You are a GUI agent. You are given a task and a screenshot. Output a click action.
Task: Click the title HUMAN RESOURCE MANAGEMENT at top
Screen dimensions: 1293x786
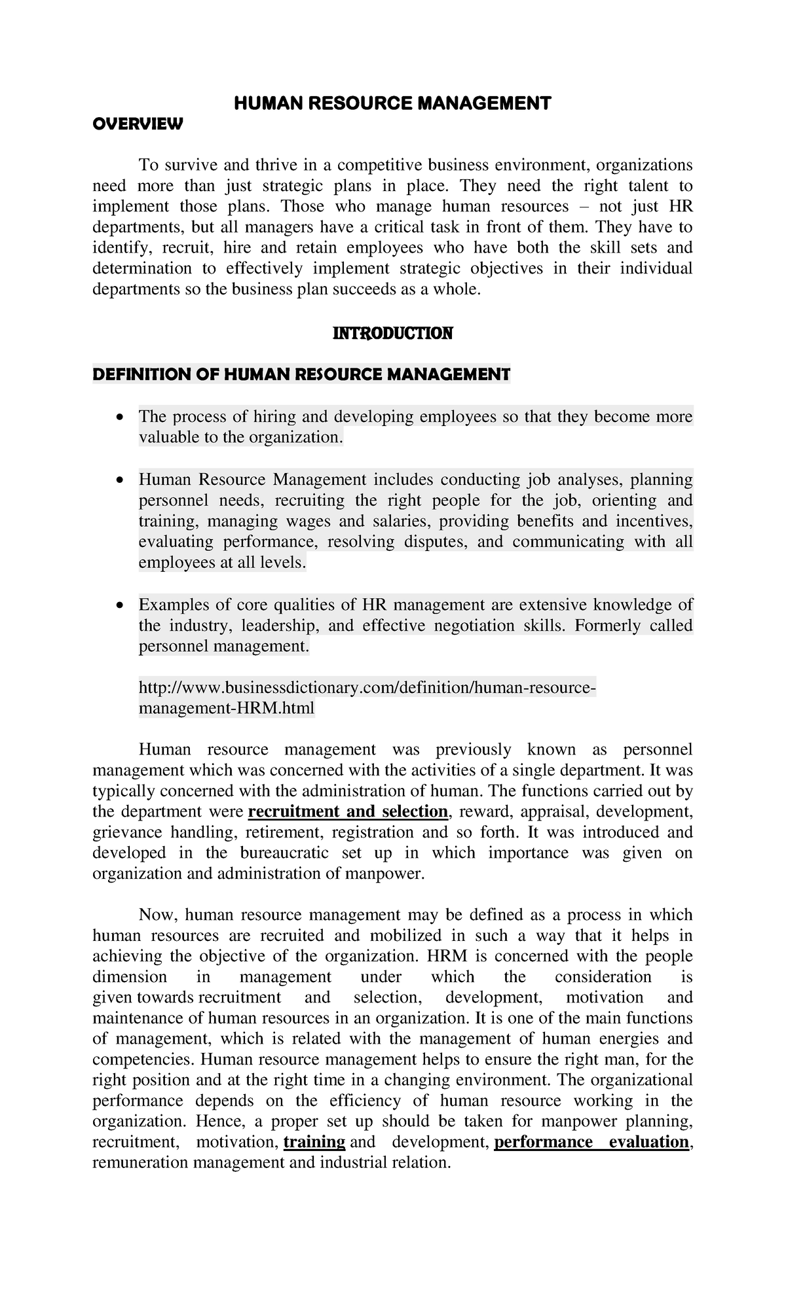(x=393, y=103)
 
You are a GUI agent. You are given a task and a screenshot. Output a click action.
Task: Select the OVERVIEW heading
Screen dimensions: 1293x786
(x=138, y=124)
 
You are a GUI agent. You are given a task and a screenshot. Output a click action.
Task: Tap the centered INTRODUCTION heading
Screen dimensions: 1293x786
(x=392, y=334)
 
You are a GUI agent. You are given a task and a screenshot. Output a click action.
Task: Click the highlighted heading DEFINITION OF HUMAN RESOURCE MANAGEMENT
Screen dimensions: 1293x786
(x=301, y=375)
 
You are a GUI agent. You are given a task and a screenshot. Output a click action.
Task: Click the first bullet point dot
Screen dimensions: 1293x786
(x=118, y=418)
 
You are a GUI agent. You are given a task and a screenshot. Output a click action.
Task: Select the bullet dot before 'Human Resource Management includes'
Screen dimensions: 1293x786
(x=118, y=481)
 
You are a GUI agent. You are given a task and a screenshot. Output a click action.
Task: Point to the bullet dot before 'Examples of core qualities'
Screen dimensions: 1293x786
(x=118, y=606)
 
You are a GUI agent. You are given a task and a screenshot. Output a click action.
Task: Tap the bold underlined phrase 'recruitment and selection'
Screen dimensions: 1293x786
(x=348, y=812)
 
